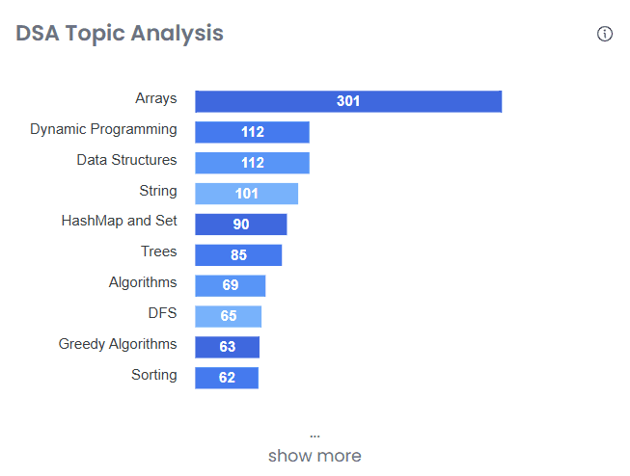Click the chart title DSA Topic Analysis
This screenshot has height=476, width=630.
tap(120, 34)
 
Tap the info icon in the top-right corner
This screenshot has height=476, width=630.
tap(605, 34)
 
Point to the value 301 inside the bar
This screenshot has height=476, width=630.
tap(348, 101)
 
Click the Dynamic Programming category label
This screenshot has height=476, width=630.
tap(103, 129)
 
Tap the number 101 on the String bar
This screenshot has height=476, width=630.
tap(247, 194)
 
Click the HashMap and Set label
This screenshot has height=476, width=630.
tap(120, 221)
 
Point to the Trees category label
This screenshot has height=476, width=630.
tap(159, 251)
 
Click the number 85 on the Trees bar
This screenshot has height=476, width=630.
tap(238, 255)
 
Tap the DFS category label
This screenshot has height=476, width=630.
tap(162, 313)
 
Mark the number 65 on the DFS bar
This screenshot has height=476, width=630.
tap(229, 316)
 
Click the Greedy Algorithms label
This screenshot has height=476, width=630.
tap(118, 344)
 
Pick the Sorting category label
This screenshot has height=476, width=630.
tap(154, 375)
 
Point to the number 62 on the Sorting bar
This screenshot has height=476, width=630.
tap(227, 378)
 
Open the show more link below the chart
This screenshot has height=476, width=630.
tap(315, 456)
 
